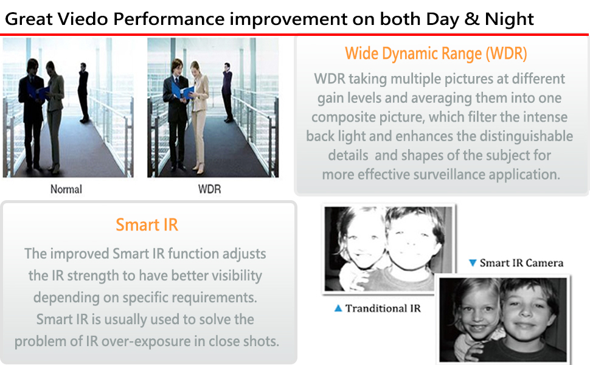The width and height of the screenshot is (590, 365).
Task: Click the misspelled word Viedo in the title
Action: coord(83,19)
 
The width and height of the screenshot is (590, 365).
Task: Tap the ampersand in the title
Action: coord(472,19)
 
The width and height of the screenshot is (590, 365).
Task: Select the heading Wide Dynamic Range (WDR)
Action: coord(436,54)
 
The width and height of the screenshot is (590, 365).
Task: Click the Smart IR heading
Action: coord(147,224)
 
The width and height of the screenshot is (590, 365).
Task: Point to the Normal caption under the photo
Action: coord(66,189)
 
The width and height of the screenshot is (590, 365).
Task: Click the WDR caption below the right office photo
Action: coord(210,189)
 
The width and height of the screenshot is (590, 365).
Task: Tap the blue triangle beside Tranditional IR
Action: coord(338,308)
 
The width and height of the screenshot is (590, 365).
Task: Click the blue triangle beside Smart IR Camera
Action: coord(473,263)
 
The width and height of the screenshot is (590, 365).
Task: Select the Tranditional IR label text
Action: coord(383,308)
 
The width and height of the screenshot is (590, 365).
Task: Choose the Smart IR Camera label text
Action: coord(521,263)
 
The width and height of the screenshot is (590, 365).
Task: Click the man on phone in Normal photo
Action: coord(83,92)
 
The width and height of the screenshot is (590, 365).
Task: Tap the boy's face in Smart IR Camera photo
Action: coord(528,311)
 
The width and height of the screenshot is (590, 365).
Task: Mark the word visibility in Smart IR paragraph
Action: coord(237,276)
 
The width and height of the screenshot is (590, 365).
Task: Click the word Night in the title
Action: coord(509,19)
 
